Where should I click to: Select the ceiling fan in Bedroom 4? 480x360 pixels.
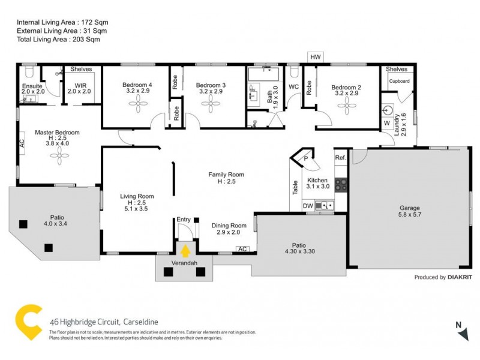click(x=137, y=106)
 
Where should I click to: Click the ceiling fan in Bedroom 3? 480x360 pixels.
click(x=211, y=106)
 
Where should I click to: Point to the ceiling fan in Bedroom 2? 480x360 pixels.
click(x=346, y=106)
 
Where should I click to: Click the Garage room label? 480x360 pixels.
click(x=410, y=209)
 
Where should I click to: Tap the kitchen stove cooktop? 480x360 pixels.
click(x=341, y=184)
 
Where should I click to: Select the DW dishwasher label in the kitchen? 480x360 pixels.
click(x=308, y=206)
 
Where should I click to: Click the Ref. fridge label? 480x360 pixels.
click(x=340, y=158)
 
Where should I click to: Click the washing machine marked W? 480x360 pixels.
click(x=386, y=124)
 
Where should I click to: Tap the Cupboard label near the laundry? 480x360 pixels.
click(x=399, y=81)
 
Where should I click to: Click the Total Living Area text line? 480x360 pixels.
click(x=58, y=39)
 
